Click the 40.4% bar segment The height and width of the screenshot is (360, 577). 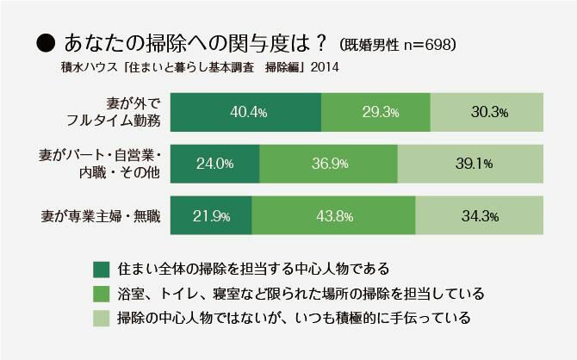(246, 112)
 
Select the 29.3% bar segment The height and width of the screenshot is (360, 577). (375, 112)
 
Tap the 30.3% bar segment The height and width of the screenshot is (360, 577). (487, 112)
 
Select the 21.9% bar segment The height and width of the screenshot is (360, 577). (212, 215)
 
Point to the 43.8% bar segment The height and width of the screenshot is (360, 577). (334, 215)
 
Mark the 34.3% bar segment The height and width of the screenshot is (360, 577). (479, 215)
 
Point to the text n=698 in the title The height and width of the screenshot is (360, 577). (424, 43)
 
